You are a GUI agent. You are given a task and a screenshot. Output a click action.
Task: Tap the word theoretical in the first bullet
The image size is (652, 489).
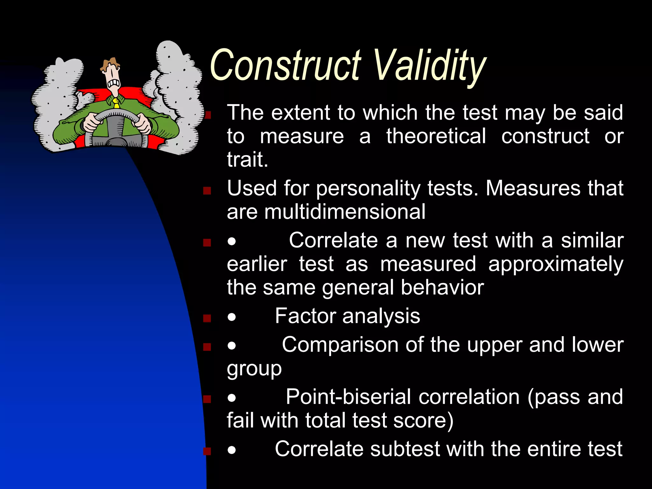(436, 136)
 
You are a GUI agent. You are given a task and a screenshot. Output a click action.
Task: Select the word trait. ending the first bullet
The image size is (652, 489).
(247, 159)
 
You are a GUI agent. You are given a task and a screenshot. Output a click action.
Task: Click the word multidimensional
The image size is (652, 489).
(345, 212)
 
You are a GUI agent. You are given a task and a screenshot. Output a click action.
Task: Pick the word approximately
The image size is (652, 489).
(556, 264)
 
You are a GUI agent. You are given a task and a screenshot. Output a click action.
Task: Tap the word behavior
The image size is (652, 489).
(442, 287)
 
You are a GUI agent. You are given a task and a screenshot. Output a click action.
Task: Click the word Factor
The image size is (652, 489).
(305, 316)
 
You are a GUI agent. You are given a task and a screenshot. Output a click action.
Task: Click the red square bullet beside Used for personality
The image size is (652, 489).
(207, 191)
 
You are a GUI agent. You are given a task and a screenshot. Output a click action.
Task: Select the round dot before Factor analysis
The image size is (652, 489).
(232, 317)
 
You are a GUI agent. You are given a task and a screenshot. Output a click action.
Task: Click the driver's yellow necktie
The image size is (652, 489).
(117, 103)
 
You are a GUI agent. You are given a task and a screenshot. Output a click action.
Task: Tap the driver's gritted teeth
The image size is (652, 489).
(114, 84)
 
